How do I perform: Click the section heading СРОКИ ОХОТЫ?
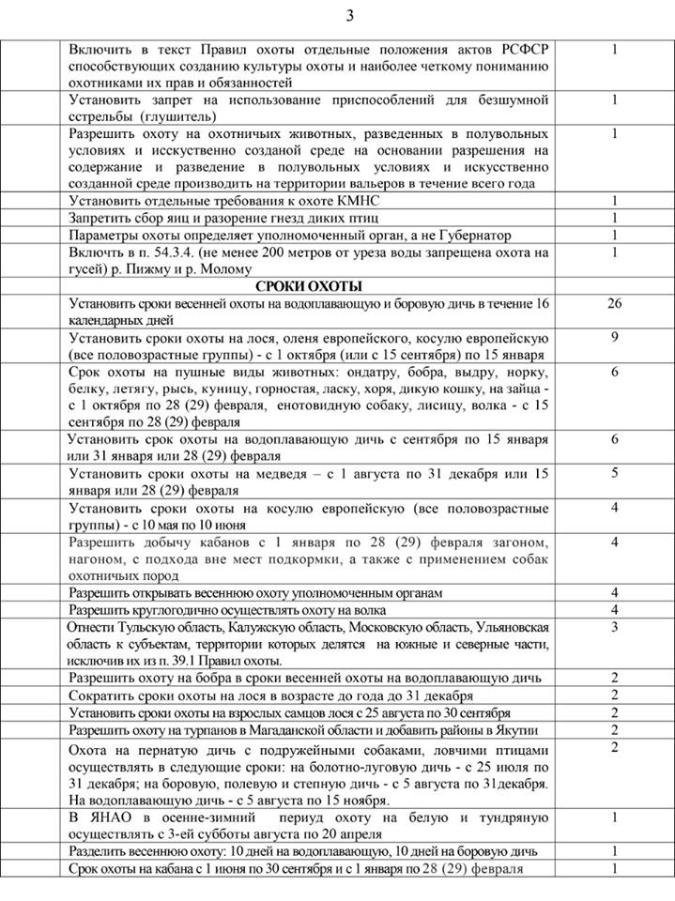tap(309, 286)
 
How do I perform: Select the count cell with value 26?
tap(614, 303)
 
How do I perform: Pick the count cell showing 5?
tap(614, 472)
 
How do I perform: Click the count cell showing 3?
tap(614, 626)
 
